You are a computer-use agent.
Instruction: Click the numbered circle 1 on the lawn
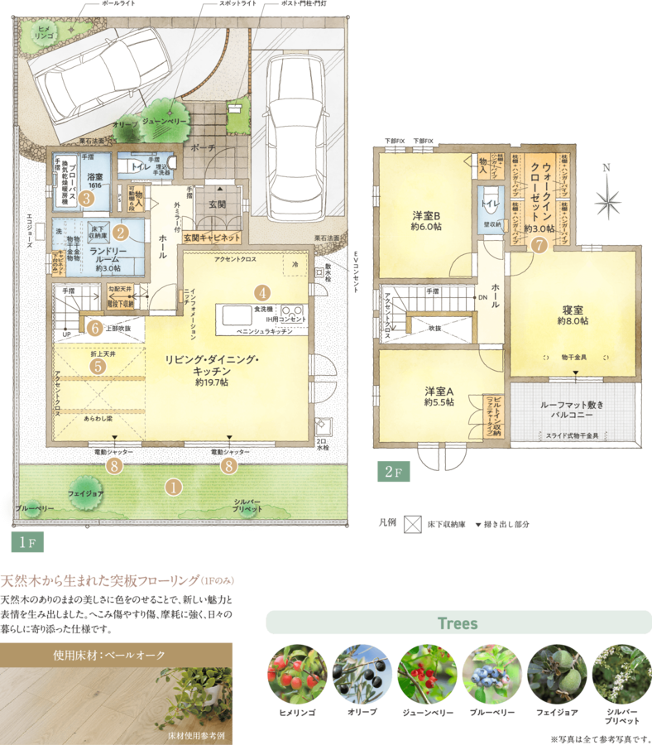point(173,488)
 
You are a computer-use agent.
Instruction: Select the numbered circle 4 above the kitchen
point(262,292)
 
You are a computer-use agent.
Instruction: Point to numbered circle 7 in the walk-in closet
point(539,244)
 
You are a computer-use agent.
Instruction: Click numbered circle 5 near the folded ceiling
point(98,364)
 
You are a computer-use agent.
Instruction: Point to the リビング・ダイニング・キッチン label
point(212,366)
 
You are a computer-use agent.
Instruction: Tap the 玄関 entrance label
point(217,204)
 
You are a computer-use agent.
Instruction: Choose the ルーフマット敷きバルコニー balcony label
point(576,411)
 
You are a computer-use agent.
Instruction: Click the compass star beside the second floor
point(608,200)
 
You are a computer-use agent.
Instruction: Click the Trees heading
point(458,623)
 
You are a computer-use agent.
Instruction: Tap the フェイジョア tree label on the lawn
point(86,492)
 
